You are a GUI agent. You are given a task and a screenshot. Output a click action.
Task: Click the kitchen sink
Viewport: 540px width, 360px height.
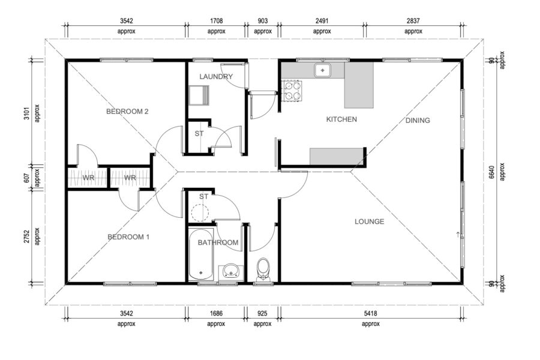322,70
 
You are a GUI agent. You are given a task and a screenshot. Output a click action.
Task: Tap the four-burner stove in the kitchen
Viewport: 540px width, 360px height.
292,91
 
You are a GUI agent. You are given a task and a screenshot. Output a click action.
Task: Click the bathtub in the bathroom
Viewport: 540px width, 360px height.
201,254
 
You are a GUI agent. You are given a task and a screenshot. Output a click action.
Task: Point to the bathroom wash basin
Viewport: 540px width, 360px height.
230,271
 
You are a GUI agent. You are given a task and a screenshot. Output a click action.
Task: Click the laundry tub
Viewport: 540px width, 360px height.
199,95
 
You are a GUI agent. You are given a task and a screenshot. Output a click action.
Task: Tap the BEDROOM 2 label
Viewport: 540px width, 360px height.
127,112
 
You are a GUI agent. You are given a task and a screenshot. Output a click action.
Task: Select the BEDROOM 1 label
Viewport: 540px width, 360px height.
128,237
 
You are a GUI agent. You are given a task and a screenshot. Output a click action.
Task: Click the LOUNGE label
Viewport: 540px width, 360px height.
370,221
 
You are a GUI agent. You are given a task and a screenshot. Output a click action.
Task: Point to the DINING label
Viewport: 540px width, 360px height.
418,120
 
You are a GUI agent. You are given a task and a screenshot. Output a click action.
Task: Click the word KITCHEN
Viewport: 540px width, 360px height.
341,119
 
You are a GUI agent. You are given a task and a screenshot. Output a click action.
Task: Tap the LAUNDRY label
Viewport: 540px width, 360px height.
216,76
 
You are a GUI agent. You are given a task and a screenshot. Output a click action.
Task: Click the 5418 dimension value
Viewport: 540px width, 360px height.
371,313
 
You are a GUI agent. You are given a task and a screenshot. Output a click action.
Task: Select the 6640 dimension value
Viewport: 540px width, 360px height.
492,172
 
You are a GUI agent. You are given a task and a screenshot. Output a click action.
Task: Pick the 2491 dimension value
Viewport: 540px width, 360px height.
322,20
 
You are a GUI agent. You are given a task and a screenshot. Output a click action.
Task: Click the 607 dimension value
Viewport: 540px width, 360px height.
27,178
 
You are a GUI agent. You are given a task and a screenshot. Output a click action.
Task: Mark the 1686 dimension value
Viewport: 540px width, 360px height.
216,313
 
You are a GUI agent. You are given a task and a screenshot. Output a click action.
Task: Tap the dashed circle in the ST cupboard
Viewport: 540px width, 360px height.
200,213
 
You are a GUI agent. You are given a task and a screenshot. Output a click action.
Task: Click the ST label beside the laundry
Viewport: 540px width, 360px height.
199,133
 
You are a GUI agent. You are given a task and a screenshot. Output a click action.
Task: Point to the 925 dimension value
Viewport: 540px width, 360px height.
262,313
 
